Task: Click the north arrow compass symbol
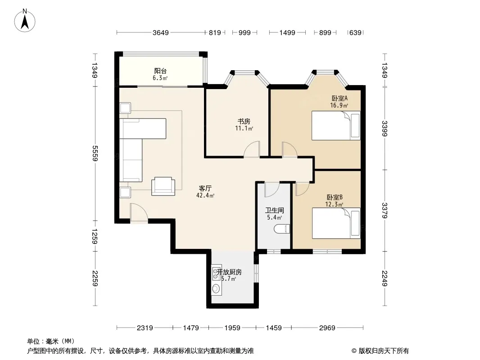point(25,21)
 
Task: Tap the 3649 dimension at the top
point(161,33)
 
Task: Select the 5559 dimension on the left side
point(95,153)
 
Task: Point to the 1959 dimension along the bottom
point(232,328)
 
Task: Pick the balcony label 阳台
point(160,71)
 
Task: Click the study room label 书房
point(244,121)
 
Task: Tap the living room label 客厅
point(205,189)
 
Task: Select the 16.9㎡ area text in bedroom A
point(339,105)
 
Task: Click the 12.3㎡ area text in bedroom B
point(334,204)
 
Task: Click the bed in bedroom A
point(336,126)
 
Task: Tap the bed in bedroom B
point(336,223)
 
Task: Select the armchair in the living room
point(163,186)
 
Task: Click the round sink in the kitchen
point(217,288)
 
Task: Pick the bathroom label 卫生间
point(274,211)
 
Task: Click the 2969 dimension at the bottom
point(327,328)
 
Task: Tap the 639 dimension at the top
point(355,33)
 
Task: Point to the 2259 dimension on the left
point(95,279)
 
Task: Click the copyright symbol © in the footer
point(354,351)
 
